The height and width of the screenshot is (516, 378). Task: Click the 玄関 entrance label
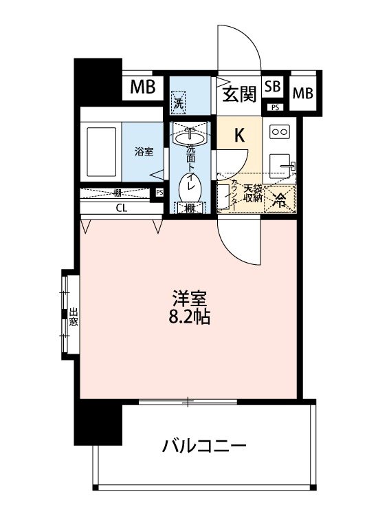pos(238,92)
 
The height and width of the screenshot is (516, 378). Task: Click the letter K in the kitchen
pos(240,136)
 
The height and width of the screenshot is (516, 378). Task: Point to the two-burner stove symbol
pos(279,131)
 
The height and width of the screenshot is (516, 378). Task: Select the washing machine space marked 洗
pos(179,105)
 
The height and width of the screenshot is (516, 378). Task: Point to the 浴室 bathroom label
pos(143,152)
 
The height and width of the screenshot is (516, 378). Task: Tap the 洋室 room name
pos(190,299)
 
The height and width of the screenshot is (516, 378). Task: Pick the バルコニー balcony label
pos(204,447)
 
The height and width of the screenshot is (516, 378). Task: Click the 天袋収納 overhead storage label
pos(252,193)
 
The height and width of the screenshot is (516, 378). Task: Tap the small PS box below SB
pos(274,107)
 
